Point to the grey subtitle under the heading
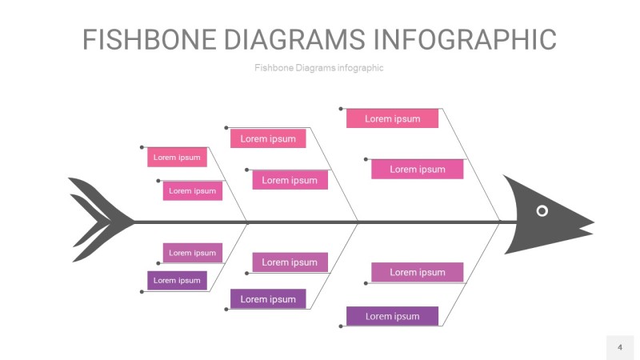coord(318,68)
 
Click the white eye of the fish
coord(542,210)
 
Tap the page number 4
coord(619,347)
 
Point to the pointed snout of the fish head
coord(588,223)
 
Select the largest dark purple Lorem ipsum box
coord(392,316)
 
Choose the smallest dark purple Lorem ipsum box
coord(177,280)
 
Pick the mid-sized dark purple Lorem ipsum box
coord(268,299)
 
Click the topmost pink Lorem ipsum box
coord(392,118)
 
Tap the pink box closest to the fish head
coord(417,169)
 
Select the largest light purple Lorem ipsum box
coord(417,272)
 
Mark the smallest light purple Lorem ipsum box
coord(192,253)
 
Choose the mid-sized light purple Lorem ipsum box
coord(290,262)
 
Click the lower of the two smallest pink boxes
coord(192,190)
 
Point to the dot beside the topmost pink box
coord(341,109)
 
